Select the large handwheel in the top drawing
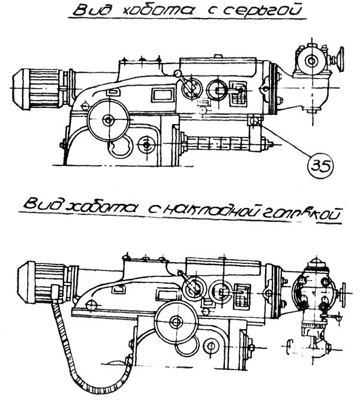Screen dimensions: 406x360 pos(107,121)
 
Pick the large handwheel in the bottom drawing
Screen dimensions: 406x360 pos(174,323)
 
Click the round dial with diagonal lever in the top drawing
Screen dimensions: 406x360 pos(191,89)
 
